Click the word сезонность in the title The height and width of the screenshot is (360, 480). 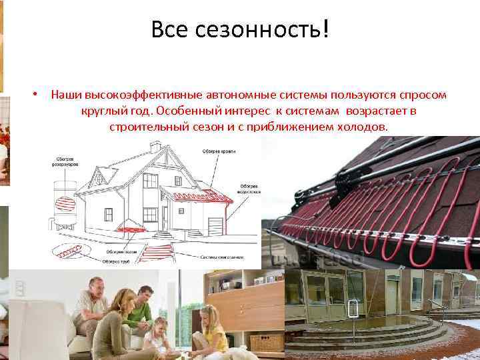tap(253, 29)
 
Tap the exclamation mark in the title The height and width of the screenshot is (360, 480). tap(325, 29)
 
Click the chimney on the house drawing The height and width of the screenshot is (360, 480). tap(155, 147)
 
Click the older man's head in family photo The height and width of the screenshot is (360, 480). tap(95, 284)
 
